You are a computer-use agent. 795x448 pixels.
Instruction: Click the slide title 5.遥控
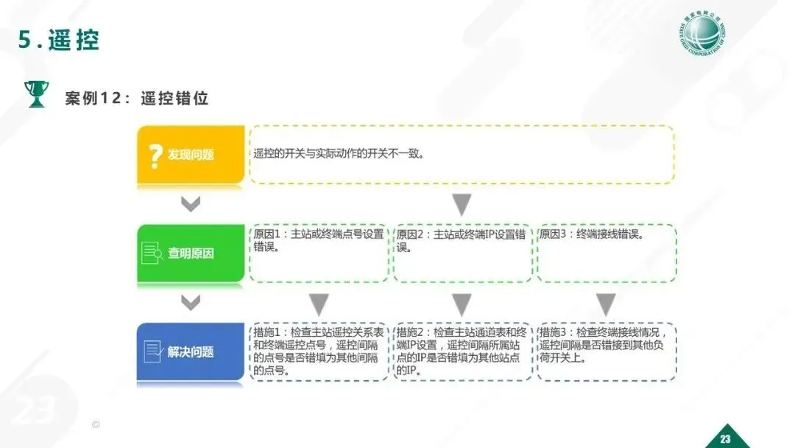click(x=59, y=41)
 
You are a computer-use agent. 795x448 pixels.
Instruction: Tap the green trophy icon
click(x=36, y=94)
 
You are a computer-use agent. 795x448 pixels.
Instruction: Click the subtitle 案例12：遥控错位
click(x=136, y=98)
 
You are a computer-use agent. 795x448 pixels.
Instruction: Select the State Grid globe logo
click(x=704, y=35)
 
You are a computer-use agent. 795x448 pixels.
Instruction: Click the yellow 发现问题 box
click(x=191, y=155)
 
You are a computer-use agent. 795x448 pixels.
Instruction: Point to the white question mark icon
click(x=155, y=155)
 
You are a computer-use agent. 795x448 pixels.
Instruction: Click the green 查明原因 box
click(x=191, y=253)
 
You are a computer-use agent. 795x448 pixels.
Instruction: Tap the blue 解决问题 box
click(x=191, y=351)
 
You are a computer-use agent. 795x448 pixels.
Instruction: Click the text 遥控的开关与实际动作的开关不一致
click(x=339, y=155)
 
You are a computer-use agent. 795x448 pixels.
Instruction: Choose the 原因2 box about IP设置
click(x=462, y=253)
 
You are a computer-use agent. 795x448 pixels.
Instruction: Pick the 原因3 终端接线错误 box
click(x=606, y=253)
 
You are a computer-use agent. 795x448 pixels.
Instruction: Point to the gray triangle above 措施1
click(x=319, y=303)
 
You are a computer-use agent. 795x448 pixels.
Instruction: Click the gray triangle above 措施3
click(x=606, y=303)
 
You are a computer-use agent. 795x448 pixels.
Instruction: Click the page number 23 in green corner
click(x=725, y=439)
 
